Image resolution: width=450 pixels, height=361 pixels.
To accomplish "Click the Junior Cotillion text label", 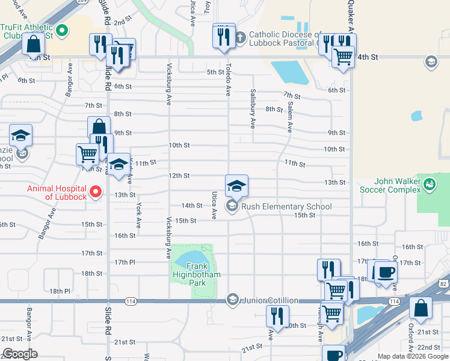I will pos(271,300).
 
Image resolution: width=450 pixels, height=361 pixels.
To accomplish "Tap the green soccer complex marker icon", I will pos(429,183).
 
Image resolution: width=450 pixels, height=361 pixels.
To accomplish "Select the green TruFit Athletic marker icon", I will pos(62,29).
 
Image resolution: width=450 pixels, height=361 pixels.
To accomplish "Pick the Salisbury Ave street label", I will pos(253,109).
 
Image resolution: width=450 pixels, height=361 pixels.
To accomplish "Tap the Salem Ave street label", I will pos(290,117).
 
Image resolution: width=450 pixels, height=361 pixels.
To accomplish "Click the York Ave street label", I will pos(138,214).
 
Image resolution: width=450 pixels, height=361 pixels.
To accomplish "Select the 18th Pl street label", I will pos(60,291).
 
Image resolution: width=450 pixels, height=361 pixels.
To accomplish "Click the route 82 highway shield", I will pos(443,283).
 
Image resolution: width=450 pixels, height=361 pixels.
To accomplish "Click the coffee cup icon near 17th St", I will pos(386,271).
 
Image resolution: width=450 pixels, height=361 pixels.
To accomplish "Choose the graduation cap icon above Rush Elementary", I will pos(237,185).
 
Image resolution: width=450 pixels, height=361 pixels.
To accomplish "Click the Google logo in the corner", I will pos(20,353).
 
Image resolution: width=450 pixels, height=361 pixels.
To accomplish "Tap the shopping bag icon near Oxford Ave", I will pos(421,307).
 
